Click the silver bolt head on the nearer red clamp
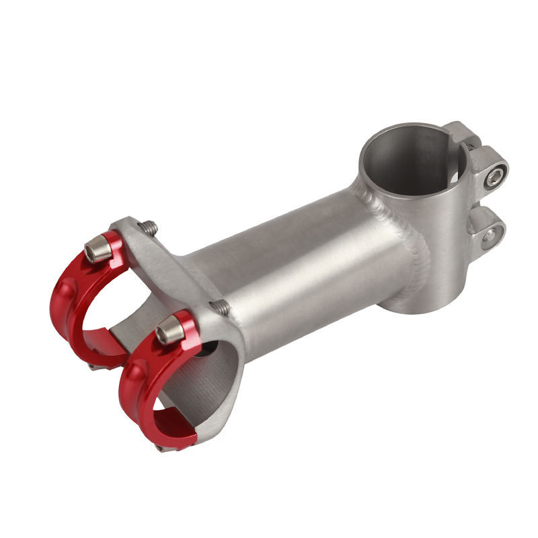(x=169, y=330)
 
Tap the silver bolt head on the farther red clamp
(x=98, y=251)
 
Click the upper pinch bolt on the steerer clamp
(x=496, y=177)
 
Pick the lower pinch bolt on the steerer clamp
(x=490, y=234)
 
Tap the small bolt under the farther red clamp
(x=93, y=367)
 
